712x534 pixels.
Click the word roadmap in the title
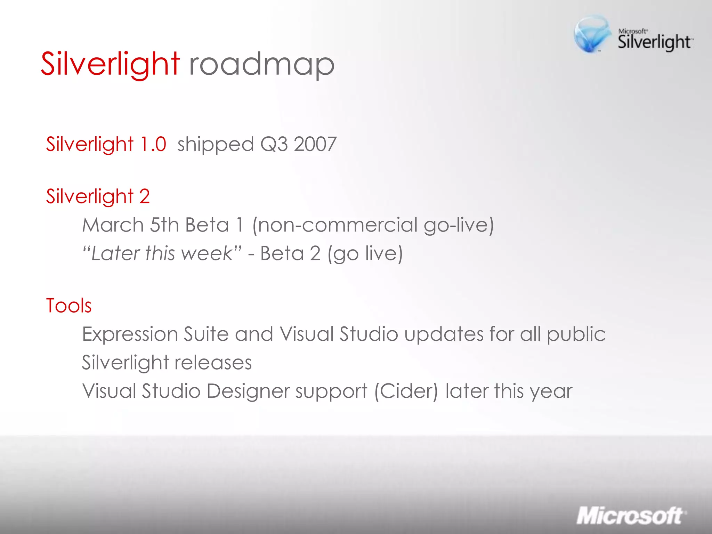point(261,65)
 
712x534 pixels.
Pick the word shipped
point(216,145)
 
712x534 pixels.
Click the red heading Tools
point(69,306)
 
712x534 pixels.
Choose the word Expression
point(130,334)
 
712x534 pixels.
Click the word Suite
point(206,334)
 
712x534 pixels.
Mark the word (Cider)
point(406,391)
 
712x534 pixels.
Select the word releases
point(213,363)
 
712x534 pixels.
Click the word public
point(576,335)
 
